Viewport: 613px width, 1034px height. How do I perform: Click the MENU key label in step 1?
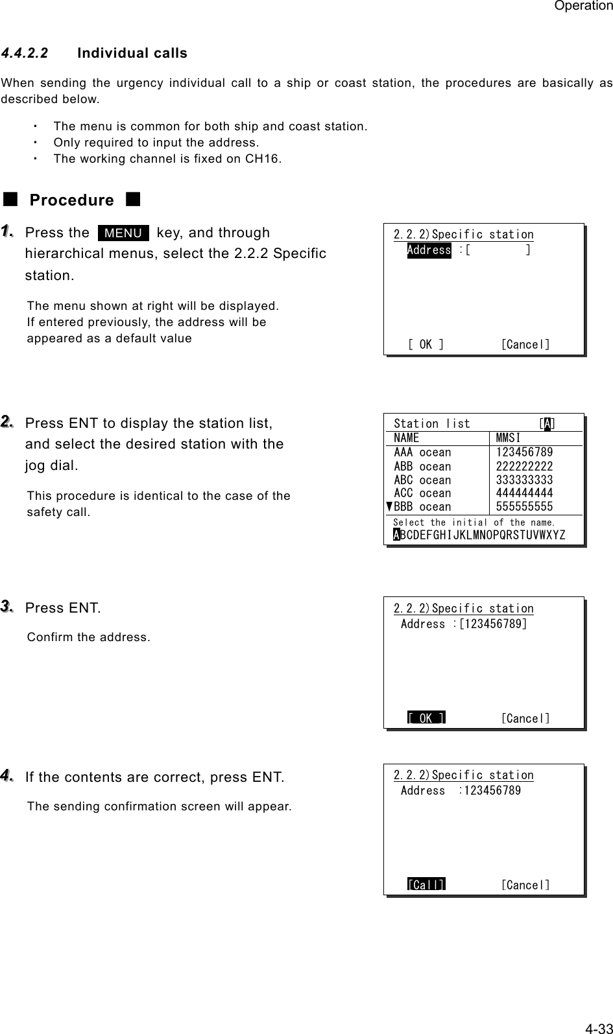point(123,233)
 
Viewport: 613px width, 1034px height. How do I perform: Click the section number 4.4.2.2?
point(25,53)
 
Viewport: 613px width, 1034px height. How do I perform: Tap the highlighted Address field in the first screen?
point(429,250)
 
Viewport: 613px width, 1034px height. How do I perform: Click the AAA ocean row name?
point(422,452)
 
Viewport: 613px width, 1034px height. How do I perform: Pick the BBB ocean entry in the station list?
point(422,507)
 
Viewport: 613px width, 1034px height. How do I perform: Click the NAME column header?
point(407,438)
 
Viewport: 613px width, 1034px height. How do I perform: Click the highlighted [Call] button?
point(426,885)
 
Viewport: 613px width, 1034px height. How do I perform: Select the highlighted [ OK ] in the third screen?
point(426,718)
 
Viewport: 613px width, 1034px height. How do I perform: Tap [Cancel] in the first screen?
point(525,344)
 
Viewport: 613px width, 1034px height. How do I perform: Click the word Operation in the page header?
point(583,6)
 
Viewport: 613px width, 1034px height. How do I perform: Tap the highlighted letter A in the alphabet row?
point(396,535)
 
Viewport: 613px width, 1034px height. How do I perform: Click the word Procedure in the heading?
point(72,200)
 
